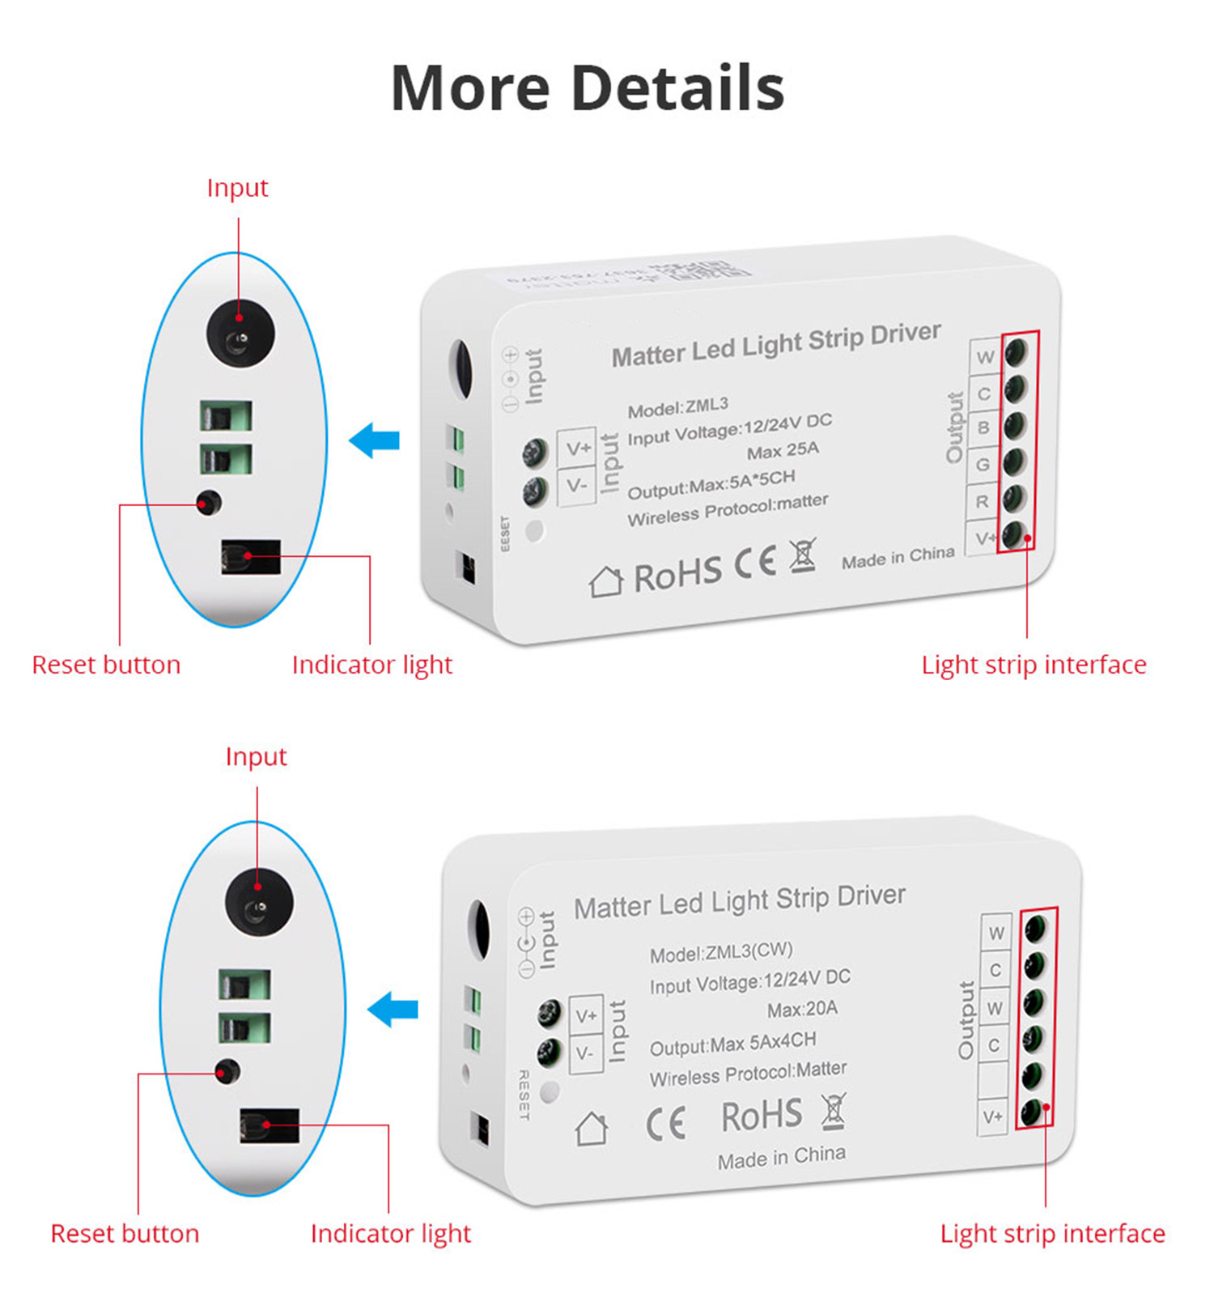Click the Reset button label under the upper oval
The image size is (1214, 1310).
[x=106, y=665]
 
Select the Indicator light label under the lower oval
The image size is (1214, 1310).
[x=390, y=1233]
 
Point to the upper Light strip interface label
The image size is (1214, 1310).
[x=1034, y=665]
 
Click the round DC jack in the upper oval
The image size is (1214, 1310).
[x=240, y=334]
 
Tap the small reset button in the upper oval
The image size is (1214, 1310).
[x=209, y=503]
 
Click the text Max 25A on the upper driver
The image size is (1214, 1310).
[x=783, y=450]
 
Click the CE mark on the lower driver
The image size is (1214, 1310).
[x=666, y=1124]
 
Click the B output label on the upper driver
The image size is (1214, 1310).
[x=983, y=427]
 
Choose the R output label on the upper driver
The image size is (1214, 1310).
[x=982, y=502]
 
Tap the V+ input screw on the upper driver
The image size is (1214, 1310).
[x=535, y=452]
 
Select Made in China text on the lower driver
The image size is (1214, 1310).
[x=781, y=1157]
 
